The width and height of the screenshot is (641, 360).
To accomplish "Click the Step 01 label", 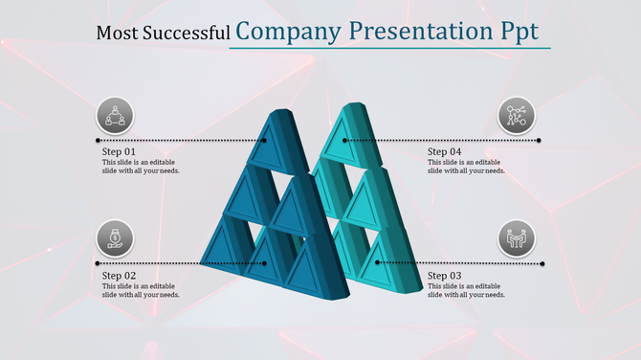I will pyautogui.click(x=119, y=152).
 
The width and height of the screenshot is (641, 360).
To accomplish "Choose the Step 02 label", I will pyautogui.click(x=119, y=276).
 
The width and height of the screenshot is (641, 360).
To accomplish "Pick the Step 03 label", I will pyautogui.click(x=445, y=276).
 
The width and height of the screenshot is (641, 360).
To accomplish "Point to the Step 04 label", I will pyautogui.click(x=445, y=152).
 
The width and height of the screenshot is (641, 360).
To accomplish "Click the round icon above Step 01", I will pyautogui.click(x=115, y=117).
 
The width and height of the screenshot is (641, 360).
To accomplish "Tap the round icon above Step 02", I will pyautogui.click(x=115, y=238).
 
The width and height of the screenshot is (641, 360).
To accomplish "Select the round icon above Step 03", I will pyautogui.click(x=518, y=238).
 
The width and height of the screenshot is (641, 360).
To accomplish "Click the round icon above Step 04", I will pyautogui.click(x=518, y=117).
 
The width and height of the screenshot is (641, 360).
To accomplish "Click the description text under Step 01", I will pyautogui.click(x=141, y=167).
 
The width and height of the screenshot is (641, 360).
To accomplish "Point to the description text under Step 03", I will pyautogui.click(x=466, y=290).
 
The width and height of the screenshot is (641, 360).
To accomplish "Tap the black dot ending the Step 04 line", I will pyautogui.click(x=540, y=141).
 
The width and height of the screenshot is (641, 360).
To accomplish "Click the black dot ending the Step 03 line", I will pyautogui.click(x=542, y=263).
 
